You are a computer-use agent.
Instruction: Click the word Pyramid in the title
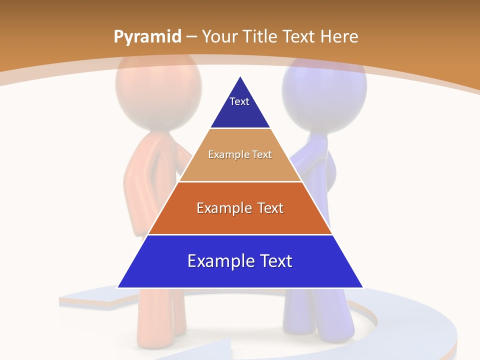147,36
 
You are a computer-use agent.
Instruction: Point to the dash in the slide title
191,37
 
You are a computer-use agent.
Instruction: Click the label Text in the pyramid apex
239,101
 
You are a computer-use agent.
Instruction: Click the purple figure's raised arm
310,155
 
